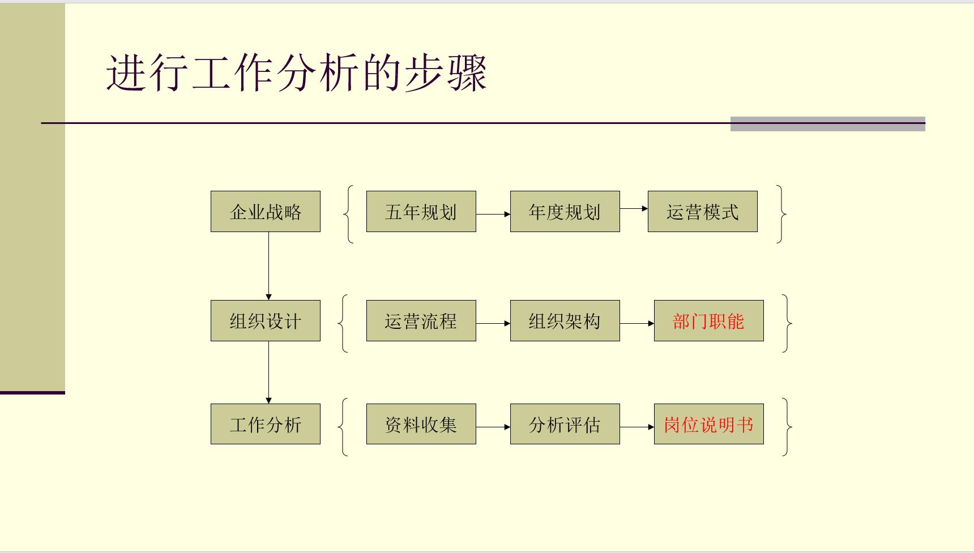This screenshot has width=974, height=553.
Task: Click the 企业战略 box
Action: click(x=265, y=212)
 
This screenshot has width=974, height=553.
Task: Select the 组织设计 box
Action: click(x=265, y=321)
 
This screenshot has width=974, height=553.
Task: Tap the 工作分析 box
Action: click(x=265, y=425)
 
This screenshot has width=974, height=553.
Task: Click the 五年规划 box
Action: click(x=421, y=212)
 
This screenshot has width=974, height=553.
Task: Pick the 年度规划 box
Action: click(x=565, y=212)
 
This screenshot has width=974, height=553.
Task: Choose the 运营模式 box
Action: click(x=702, y=212)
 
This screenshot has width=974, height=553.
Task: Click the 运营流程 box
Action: click(x=421, y=321)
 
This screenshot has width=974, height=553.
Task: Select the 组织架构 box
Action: click(x=565, y=321)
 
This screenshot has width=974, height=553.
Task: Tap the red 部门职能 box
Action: click(x=708, y=321)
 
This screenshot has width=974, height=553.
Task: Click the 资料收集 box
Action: click(x=421, y=425)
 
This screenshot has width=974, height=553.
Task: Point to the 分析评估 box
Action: click(x=565, y=425)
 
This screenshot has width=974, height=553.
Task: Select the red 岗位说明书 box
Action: click(x=708, y=425)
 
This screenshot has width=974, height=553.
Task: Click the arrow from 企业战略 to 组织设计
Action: click(x=268, y=266)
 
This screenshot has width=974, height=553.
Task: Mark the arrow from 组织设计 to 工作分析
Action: click(x=268, y=372)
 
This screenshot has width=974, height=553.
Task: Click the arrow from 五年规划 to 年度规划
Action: click(x=493, y=214)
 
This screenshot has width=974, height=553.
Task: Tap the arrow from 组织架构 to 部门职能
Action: click(x=637, y=323)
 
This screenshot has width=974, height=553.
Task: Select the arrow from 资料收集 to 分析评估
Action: click(x=493, y=427)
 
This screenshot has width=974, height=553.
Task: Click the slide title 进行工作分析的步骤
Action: click(x=297, y=73)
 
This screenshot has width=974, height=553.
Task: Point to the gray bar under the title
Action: click(x=827, y=124)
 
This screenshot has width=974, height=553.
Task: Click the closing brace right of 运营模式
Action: click(x=782, y=214)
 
